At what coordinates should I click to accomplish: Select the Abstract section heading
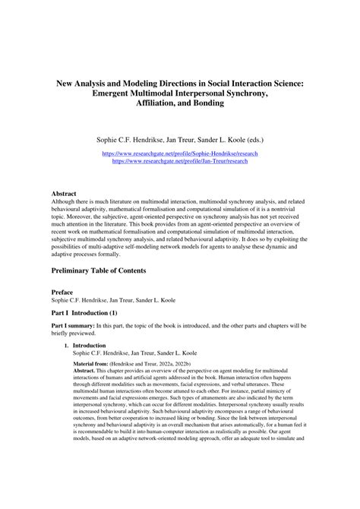point(64,194)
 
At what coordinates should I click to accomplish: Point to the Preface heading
point(62,292)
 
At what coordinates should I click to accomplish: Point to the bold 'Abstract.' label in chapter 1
point(86,371)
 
